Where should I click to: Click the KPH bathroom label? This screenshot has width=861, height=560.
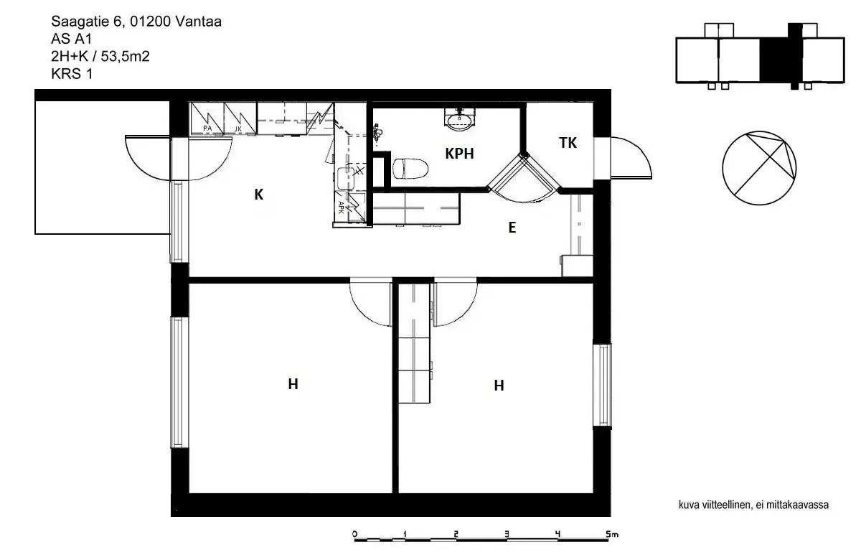[459, 153]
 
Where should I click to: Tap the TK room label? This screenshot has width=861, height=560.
[568, 143]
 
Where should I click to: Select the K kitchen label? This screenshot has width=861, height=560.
[259, 194]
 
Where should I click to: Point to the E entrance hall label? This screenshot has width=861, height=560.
[512, 228]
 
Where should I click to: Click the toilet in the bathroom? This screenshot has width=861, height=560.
[410, 169]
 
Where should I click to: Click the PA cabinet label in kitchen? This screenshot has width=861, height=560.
[207, 128]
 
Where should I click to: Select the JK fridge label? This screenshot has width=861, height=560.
[237, 129]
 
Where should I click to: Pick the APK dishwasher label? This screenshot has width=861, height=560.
[341, 205]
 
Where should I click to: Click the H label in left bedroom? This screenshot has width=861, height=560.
[293, 384]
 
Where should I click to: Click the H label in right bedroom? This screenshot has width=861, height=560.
[499, 386]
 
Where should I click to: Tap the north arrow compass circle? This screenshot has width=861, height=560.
[760, 166]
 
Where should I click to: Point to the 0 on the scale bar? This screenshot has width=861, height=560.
[354, 535]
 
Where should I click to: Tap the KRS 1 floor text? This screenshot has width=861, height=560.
[72, 73]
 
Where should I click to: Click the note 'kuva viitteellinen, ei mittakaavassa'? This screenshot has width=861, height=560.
[753, 505]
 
